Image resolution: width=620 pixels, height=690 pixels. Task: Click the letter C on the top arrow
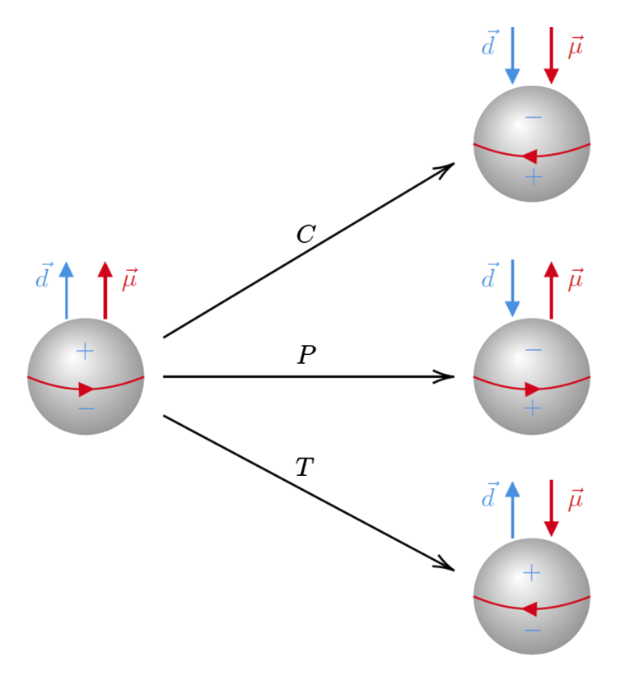[x=305, y=235]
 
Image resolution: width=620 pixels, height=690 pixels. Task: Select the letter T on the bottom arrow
[x=305, y=468]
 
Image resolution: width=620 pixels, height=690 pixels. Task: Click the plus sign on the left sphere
[x=85, y=352]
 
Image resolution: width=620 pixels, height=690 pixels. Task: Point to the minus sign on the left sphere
[x=86, y=409]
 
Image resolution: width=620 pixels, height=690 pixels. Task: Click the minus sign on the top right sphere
[x=533, y=117]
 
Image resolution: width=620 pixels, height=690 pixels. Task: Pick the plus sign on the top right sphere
[x=533, y=175]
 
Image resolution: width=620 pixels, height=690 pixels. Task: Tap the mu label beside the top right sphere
[x=575, y=48]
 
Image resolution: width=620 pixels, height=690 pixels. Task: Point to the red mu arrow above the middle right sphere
[x=551, y=289]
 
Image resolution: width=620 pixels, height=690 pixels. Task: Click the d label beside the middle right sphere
[x=490, y=277]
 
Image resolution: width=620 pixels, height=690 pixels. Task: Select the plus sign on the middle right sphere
[x=533, y=408]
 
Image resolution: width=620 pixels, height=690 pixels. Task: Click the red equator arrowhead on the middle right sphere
[x=533, y=389]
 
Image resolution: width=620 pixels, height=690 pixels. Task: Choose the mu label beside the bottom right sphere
[x=575, y=499]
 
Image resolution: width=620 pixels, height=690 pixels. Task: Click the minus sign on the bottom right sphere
[x=533, y=631]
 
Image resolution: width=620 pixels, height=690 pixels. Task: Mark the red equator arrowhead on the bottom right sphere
[x=529, y=609]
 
